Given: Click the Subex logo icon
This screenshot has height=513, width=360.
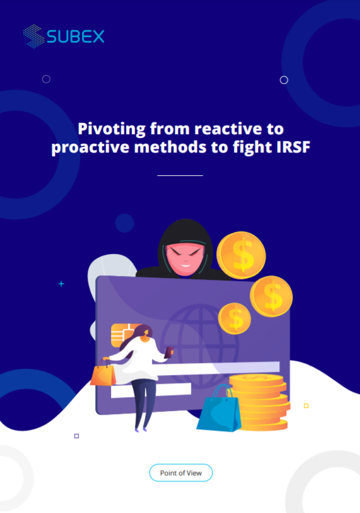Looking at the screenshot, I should click(33, 36).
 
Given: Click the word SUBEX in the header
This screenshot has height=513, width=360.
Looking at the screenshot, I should click(76, 37).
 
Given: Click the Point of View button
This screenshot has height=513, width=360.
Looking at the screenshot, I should click(180, 473).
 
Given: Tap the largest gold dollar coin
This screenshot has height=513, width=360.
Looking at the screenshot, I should click(241, 255).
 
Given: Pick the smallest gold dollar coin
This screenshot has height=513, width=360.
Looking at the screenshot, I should click(235, 318).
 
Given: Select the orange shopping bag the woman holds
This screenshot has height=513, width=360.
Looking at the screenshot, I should click(103, 374).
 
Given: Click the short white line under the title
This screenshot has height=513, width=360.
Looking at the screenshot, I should click(180, 175).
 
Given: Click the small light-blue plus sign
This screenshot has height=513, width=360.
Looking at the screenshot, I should click(61, 284).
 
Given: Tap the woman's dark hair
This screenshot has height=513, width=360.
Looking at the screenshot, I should click(143, 332).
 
